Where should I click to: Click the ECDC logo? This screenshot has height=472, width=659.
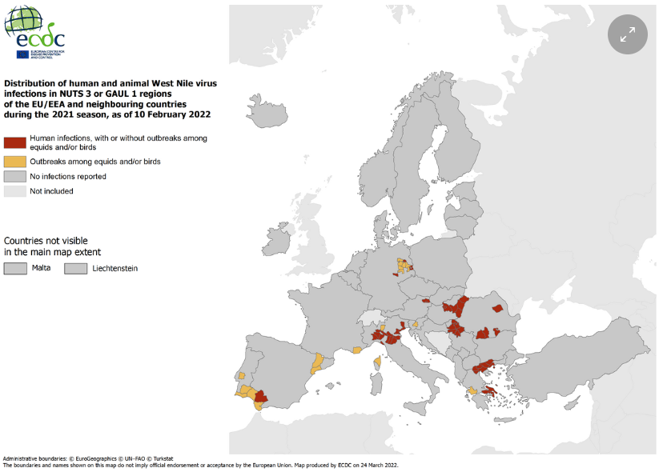click(34, 32)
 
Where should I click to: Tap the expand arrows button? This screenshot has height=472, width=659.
click(627, 34)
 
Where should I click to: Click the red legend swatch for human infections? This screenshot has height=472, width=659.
click(14, 142)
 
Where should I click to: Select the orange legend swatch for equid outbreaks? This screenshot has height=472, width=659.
click(14, 162)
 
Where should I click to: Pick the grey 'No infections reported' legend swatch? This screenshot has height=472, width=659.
click(14, 176)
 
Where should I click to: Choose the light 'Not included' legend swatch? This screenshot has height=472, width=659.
click(14, 191)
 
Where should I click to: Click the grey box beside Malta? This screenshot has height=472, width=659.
click(15, 269)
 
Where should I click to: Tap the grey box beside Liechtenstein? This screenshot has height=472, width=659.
click(76, 269)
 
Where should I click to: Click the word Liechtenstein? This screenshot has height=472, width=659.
click(115, 269)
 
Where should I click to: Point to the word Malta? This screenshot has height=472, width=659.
click(42, 268)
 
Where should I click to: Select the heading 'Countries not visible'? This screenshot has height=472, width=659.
click(46, 240)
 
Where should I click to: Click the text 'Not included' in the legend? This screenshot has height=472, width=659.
click(51, 191)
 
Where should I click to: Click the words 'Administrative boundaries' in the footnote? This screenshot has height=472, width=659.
click(35, 458)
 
